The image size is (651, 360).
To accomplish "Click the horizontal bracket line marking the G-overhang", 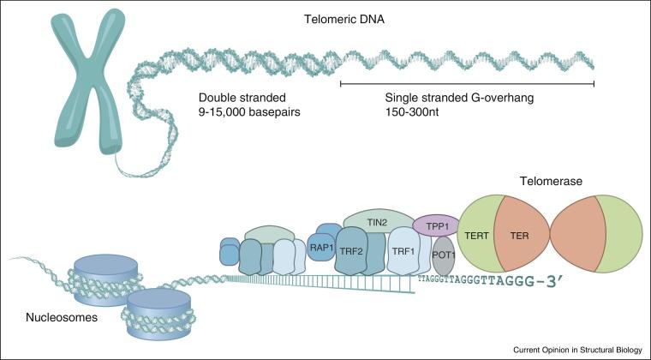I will pos(468,83).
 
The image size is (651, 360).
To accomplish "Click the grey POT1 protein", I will pos(443,255).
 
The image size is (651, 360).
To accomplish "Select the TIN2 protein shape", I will pos(377,220).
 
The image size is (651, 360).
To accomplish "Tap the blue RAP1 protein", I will pos(321,248).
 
